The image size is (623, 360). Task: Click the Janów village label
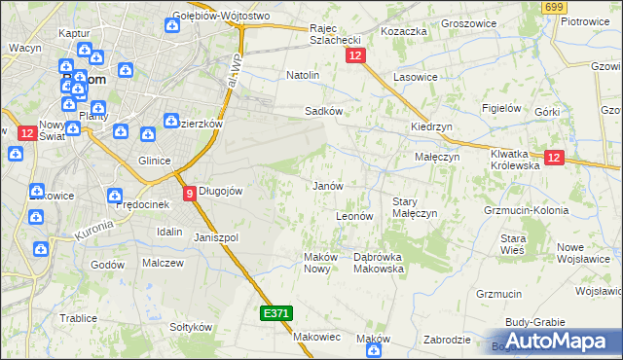pyautogui.click(x=326, y=185)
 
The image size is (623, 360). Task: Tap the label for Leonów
pyautogui.click(x=354, y=216)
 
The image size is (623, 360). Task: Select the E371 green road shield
pyautogui.click(x=275, y=313)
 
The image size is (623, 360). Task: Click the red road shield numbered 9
pyautogui.click(x=190, y=193)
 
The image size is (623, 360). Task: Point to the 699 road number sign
pyautogui.click(x=554, y=7)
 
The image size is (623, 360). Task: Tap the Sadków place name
pyautogui.click(x=323, y=111)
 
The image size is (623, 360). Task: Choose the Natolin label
pyautogui.click(x=303, y=75)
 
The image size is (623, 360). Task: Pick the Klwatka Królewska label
pyautogui.click(x=514, y=160)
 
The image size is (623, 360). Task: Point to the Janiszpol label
pyautogui.click(x=216, y=237)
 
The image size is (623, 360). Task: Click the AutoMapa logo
pyautogui.click(x=558, y=341)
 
